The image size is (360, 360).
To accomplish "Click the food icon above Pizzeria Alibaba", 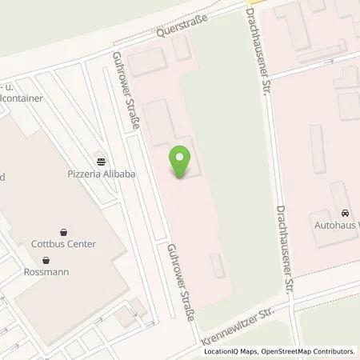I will [x=99, y=157].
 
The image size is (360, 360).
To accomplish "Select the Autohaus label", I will [x=337, y=226].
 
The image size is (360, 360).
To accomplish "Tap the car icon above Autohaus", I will [x=345, y=213].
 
